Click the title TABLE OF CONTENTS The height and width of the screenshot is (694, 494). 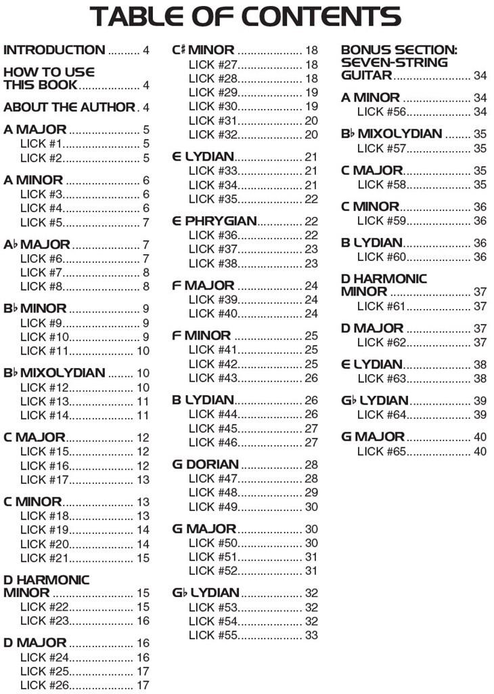click(246, 17)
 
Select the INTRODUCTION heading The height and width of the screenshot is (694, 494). click(54, 50)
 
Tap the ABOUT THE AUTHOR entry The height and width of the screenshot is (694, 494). click(70, 108)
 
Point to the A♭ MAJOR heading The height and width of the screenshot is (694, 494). click(37, 245)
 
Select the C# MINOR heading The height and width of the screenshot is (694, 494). click(203, 50)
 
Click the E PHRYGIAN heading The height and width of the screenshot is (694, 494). click(214, 221)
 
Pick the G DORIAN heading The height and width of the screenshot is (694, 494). click(205, 464)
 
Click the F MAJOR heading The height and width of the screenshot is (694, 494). click(203, 285)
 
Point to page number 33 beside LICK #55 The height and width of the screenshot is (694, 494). click(311, 636)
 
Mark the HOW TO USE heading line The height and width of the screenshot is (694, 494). click(49, 72)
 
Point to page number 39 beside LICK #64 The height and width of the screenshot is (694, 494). click(480, 415)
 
